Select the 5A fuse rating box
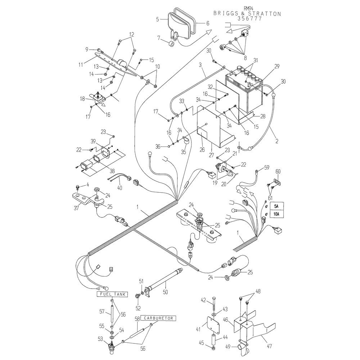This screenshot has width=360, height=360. click(276, 206)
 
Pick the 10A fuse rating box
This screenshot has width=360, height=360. click(276, 215)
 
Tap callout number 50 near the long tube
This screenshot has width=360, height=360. click(165, 292)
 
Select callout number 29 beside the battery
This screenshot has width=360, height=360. click(277, 67)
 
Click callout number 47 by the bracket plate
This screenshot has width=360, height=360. click(270, 346)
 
